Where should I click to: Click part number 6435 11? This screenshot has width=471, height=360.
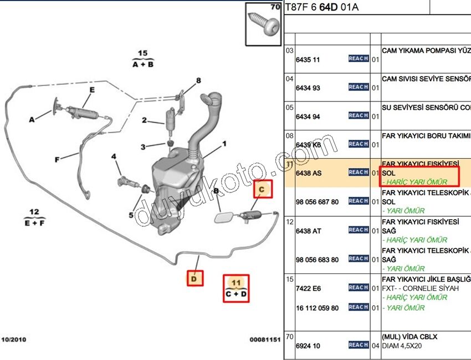308,60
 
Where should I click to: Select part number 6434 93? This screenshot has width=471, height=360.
308,88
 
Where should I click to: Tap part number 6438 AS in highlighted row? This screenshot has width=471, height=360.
309,173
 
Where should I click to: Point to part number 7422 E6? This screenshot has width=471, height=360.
308,289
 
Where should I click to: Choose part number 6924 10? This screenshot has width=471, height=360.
308,346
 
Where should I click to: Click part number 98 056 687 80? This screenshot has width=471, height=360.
317,202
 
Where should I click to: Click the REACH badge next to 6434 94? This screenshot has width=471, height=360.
358,115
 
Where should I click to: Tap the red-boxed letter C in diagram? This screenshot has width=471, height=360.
264,190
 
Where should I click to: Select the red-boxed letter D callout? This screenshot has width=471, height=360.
194,278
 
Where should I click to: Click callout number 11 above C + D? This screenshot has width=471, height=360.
236,283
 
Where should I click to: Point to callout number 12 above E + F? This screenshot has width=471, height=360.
35,211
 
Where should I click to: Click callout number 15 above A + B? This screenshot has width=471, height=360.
142,54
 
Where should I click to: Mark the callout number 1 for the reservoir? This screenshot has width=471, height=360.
224,144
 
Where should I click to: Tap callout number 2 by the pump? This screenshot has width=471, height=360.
144,120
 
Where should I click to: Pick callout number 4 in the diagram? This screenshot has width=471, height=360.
114,157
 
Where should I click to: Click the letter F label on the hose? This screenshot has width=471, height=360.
57,160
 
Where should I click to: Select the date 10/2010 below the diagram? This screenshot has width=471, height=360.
14,339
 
